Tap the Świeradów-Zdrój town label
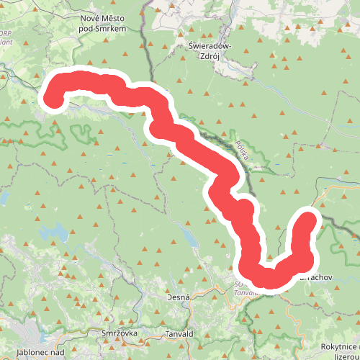(x=209, y=50)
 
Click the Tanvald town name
(x=179, y=334)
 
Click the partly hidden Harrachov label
(x=317, y=276)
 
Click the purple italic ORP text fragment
(x=6, y=33)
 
